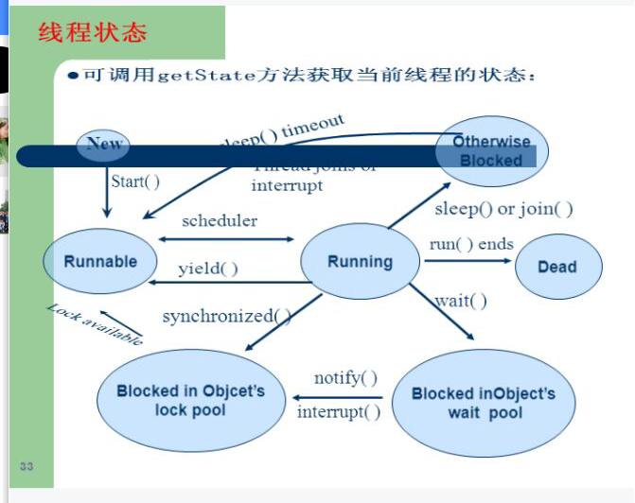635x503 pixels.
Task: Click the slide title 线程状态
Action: (93, 33)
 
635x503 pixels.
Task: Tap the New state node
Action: (104, 144)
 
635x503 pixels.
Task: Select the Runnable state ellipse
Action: (100, 262)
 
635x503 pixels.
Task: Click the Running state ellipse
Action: (360, 262)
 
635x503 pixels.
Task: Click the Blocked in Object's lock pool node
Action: (190, 400)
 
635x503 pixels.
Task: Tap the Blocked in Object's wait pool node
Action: (483, 404)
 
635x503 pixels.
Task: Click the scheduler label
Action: (220, 220)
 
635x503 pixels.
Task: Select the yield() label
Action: (208, 269)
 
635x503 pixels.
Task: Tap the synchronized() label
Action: (226, 316)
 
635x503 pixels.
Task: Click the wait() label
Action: (461, 302)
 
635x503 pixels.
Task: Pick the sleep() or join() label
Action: (503, 209)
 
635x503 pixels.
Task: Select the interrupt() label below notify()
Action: (339, 411)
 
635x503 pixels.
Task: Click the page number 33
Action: (26, 466)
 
